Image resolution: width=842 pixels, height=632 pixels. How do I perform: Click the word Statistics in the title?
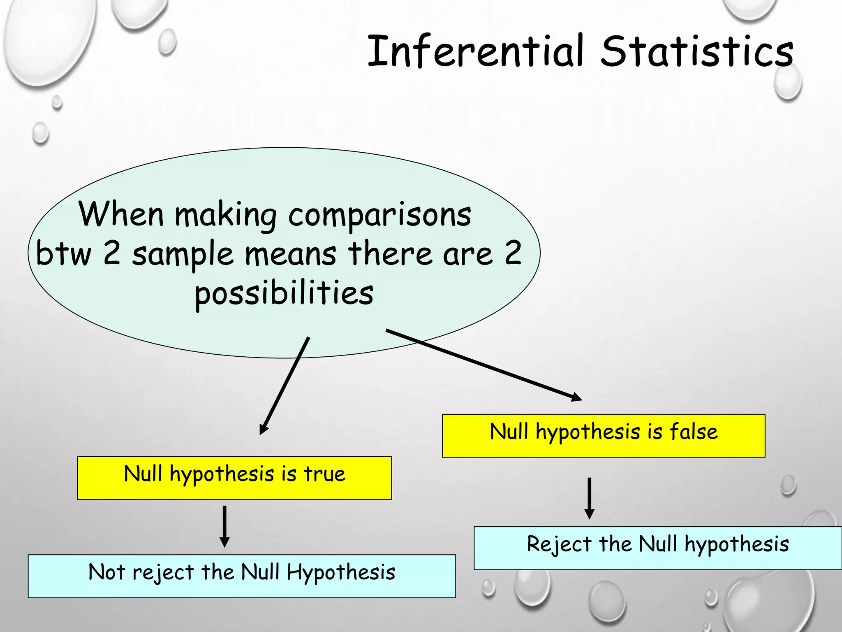point(697,51)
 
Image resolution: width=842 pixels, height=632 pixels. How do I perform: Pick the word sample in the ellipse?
point(183,254)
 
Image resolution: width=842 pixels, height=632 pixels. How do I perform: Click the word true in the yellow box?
point(324,474)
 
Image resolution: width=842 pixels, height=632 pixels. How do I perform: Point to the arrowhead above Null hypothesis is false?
point(576,397)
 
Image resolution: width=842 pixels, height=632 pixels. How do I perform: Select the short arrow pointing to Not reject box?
point(224,527)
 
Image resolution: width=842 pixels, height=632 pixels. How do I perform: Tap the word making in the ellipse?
point(226,215)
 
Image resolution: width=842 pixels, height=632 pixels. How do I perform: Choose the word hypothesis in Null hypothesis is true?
point(222,474)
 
